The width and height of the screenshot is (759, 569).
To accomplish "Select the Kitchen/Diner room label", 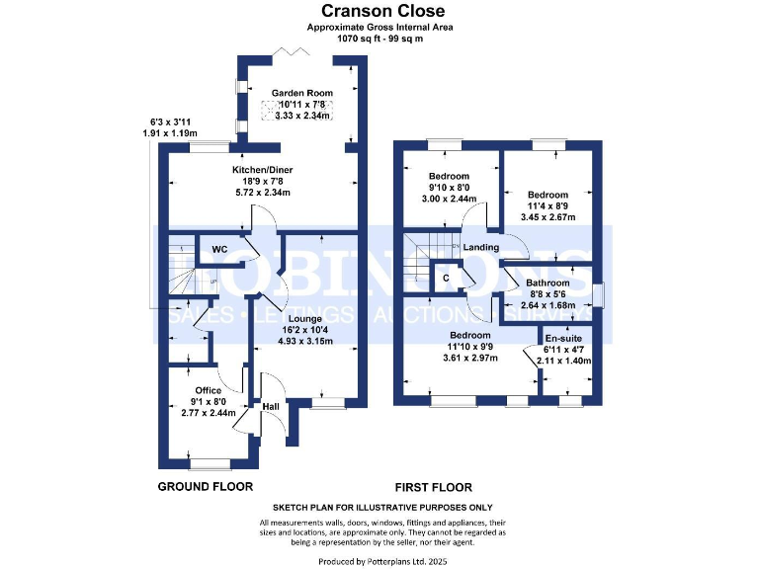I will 262,170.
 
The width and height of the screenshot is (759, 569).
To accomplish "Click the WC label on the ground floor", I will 219,250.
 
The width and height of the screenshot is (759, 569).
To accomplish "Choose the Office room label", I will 209,390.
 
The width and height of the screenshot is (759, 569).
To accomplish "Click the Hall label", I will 270,406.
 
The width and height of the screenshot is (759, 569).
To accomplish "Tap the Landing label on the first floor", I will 481,247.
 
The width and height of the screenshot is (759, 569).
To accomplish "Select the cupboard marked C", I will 446,278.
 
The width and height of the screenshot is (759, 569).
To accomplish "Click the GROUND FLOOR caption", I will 206,487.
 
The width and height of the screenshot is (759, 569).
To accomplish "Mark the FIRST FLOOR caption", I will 433,487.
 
